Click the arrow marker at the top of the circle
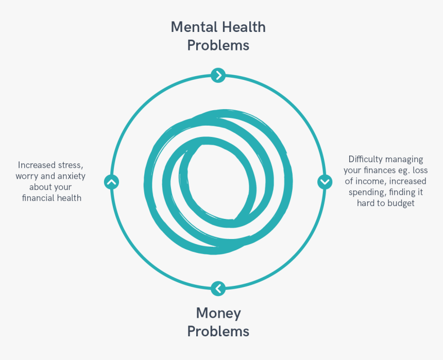point(218,75)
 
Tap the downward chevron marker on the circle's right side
point(325,182)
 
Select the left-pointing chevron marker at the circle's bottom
point(218,288)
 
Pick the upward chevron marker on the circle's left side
point(112,182)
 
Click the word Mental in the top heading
point(194,27)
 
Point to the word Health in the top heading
point(244,27)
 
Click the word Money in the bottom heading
point(218,314)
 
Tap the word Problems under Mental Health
point(218,45)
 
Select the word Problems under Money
point(218,331)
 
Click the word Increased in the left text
point(37,165)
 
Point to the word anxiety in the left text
point(72,176)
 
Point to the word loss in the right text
point(420,170)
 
